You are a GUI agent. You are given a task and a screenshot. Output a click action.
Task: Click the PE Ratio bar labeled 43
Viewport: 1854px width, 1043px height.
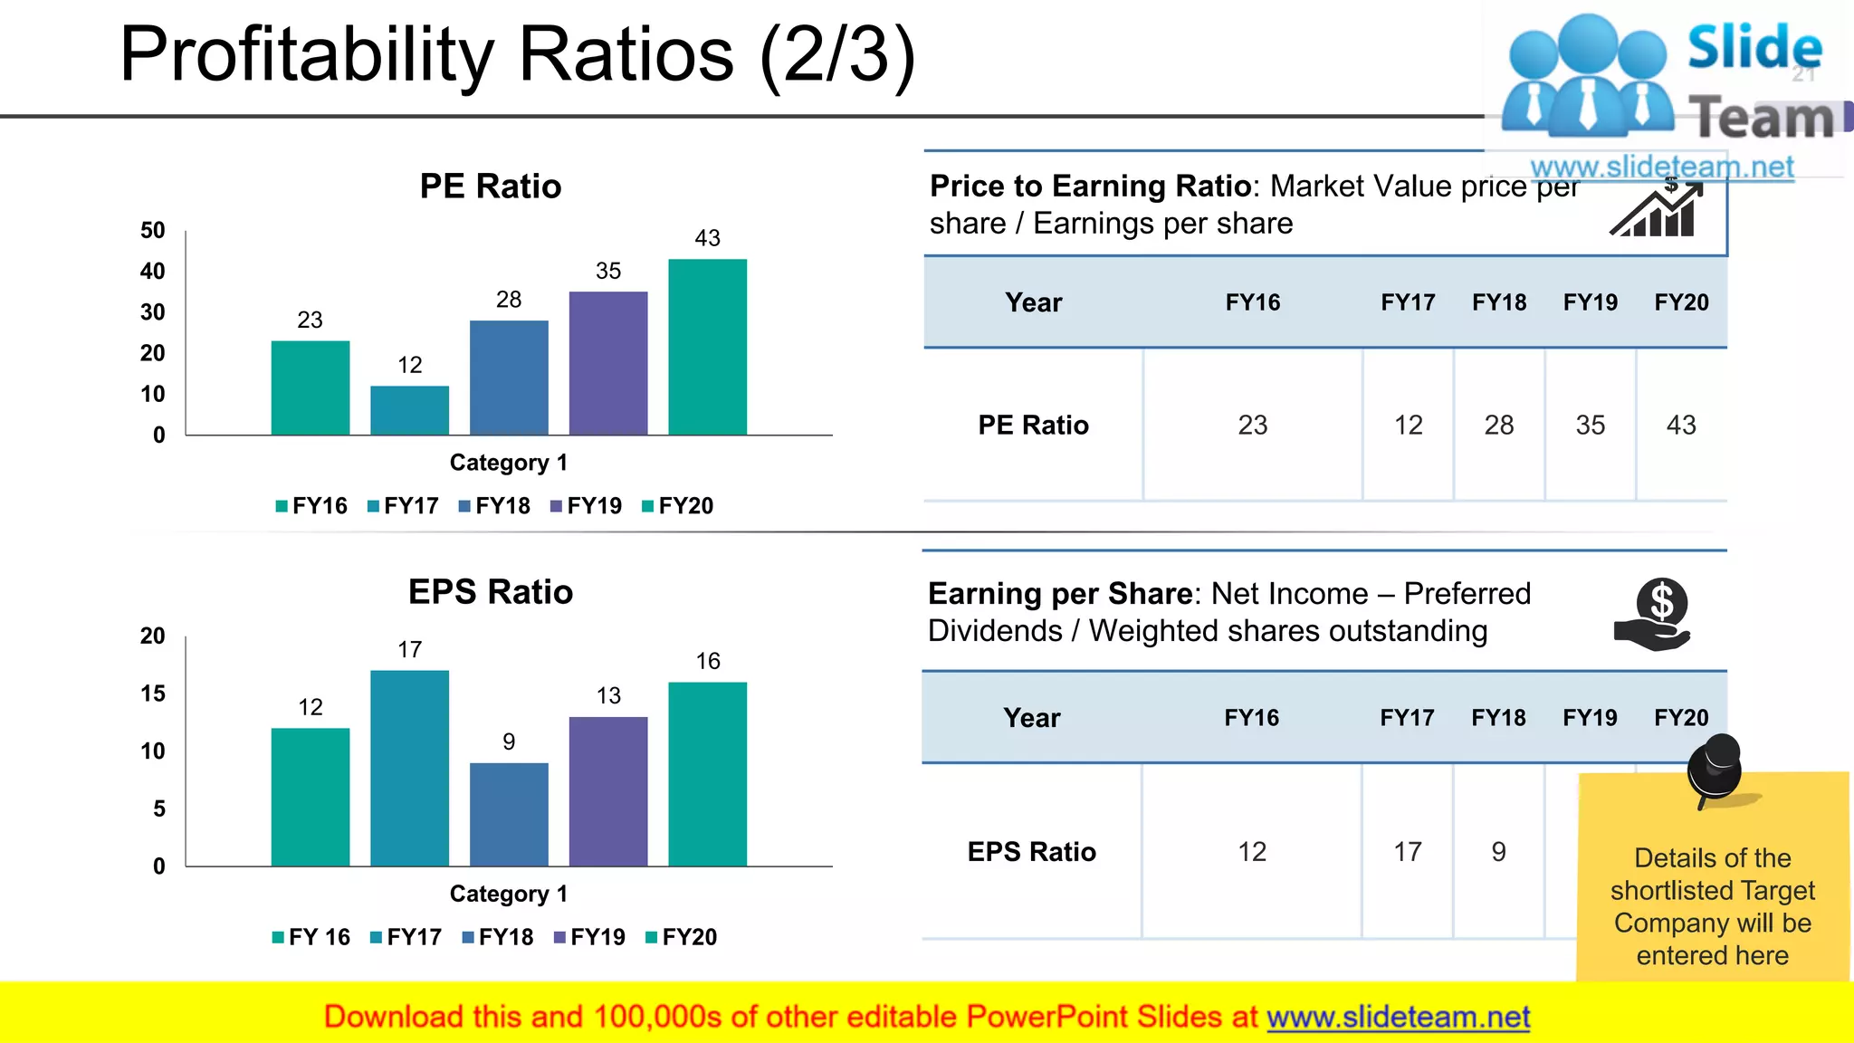707,347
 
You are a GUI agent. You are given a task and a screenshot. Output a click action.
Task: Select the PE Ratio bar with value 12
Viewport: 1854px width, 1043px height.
409,410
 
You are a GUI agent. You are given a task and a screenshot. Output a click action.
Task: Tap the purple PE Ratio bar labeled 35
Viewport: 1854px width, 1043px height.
608,363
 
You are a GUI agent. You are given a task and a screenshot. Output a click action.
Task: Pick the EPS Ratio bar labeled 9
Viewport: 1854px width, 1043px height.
509,814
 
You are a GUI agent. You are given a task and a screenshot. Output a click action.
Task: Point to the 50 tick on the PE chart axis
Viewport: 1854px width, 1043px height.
153,230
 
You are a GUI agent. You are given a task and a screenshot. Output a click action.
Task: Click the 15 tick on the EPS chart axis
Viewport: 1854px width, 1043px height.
153,694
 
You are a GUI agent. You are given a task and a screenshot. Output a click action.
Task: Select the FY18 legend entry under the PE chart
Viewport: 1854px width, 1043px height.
494,506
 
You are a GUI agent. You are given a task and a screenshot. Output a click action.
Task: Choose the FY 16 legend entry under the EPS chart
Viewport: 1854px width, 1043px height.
311,937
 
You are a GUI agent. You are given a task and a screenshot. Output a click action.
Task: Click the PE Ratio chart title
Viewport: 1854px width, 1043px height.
490,187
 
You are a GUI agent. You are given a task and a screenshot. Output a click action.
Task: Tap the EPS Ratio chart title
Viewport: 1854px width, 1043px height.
490,592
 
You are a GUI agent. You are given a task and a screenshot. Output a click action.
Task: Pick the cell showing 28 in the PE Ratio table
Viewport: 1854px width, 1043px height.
1498,425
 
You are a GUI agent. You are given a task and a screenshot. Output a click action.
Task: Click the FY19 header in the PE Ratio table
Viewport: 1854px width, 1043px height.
1590,302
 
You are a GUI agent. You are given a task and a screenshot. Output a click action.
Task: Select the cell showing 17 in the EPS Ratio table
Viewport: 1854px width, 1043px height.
1407,851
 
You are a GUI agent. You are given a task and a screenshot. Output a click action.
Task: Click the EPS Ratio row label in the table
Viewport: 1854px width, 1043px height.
1031,851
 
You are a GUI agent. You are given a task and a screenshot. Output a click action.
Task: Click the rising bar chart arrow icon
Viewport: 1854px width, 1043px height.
1657,210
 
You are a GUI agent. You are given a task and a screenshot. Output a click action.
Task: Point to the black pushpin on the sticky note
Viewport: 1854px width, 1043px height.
1715,769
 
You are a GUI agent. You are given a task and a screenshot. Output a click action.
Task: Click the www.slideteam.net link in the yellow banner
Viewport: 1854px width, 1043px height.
1398,1018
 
